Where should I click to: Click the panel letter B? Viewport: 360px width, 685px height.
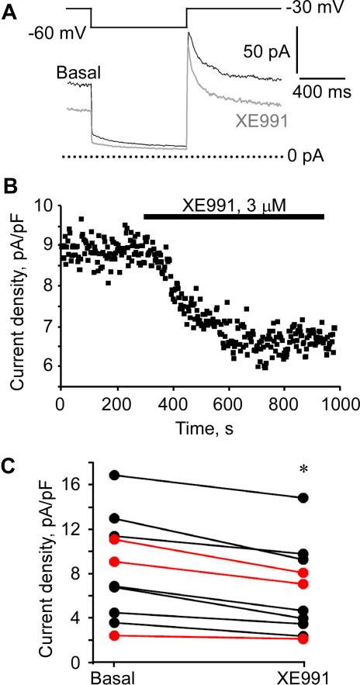tap(10, 189)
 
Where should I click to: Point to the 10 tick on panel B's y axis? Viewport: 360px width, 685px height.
tap(45, 206)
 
